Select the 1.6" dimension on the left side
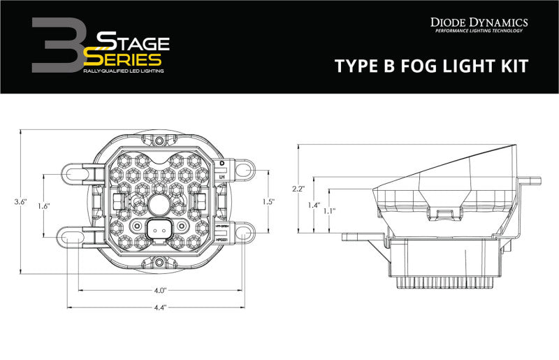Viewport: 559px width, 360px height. (43, 206)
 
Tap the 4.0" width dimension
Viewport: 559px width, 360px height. (160, 290)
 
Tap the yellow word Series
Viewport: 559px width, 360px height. (125, 60)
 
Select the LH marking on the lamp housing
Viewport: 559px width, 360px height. (222, 178)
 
